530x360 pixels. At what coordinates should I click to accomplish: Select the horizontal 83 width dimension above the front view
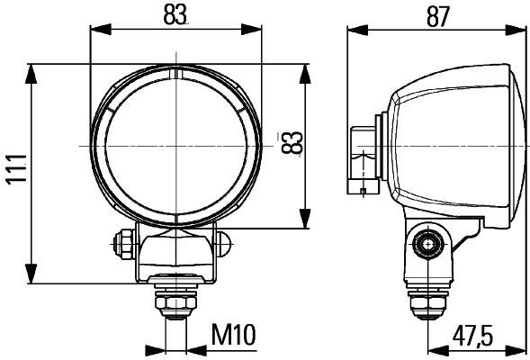(175, 15)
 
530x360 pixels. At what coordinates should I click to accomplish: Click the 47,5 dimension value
(472, 335)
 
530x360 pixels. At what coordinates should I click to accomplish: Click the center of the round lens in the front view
(175, 144)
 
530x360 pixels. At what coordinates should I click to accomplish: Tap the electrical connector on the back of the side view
(363, 157)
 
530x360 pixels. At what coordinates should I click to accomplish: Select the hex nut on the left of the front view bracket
(121, 242)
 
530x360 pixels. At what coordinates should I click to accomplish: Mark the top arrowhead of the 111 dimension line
(32, 70)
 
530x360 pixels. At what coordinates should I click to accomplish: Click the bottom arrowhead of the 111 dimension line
(32, 278)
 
